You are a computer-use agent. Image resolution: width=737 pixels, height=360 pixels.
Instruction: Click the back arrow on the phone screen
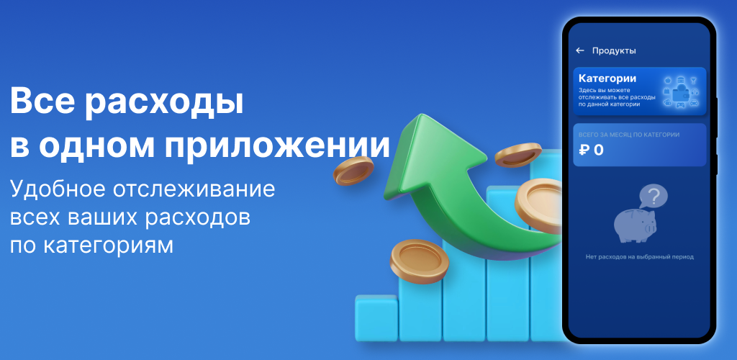click(x=580, y=50)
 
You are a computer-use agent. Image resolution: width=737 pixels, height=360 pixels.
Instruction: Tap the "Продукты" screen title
click(x=614, y=50)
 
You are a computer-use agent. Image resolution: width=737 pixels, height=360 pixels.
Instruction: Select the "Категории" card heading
click(x=607, y=78)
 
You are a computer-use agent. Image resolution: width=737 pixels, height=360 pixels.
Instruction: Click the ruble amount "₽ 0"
click(x=591, y=150)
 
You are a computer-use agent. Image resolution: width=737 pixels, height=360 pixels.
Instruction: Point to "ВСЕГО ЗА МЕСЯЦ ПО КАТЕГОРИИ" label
click(x=629, y=135)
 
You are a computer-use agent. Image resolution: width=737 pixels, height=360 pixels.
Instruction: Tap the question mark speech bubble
click(x=654, y=194)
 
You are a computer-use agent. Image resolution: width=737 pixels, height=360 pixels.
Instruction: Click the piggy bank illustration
click(x=635, y=225)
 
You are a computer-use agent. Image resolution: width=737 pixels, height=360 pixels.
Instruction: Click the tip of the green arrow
click(x=418, y=114)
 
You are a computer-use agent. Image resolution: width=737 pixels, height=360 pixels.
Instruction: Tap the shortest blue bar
click(x=376, y=318)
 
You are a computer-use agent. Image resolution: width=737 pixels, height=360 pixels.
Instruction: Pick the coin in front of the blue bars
click(x=420, y=261)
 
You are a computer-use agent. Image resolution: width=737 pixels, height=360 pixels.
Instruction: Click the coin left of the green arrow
click(x=353, y=170)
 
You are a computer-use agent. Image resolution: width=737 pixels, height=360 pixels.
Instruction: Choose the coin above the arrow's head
click(x=518, y=155)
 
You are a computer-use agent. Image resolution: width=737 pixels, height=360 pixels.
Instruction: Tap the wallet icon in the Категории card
click(x=679, y=93)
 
